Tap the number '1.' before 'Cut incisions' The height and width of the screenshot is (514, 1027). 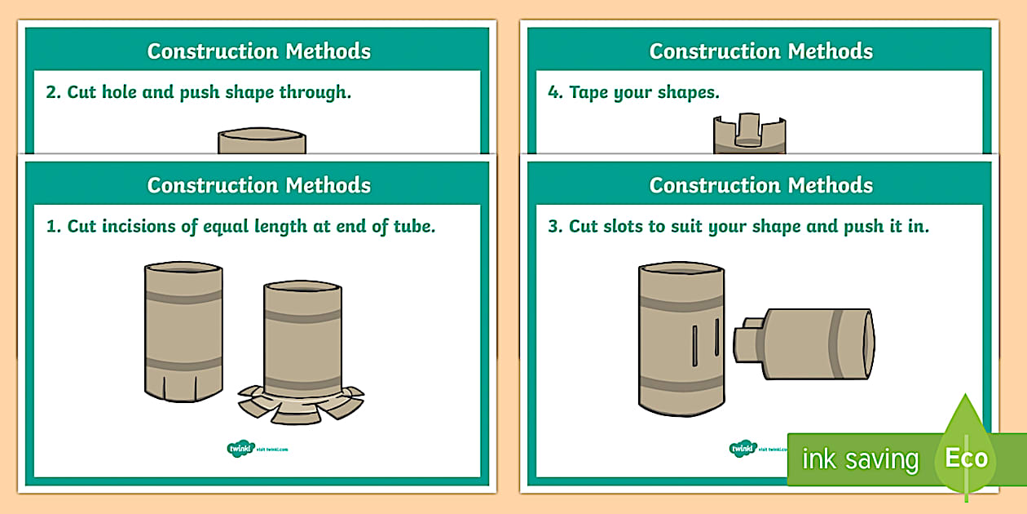[53, 226]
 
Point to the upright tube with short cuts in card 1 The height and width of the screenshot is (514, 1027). [183, 330]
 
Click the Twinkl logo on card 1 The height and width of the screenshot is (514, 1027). [240, 448]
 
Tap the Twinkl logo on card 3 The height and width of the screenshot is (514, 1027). [743, 448]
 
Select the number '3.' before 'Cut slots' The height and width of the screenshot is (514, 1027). [555, 226]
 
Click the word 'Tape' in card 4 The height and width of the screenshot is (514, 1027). [588, 92]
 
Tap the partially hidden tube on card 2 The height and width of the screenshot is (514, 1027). [262, 140]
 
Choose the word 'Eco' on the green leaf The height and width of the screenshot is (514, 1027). [967, 458]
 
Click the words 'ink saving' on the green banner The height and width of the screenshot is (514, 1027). [860, 459]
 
